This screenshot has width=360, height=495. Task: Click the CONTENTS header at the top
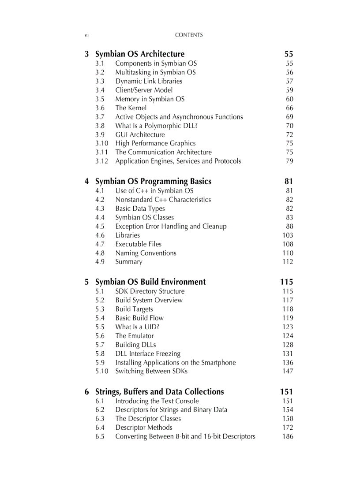tap(188, 35)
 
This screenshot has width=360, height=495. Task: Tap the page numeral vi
tap(86, 35)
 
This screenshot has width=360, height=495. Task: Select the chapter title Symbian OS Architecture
tap(140, 54)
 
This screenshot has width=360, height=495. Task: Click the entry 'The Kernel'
tap(131, 108)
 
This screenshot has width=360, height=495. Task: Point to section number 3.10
tap(101, 143)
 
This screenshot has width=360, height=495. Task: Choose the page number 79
tap(289, 161)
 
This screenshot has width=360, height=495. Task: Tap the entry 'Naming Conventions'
tap(146, 253)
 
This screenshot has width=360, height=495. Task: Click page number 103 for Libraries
tap(288, 235)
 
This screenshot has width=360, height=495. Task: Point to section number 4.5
tap(100, 227)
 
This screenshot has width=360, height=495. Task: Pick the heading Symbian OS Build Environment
tap(150, 282)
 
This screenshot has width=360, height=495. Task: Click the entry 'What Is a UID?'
tap(137, 327)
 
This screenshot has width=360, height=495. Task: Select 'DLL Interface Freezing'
tap(148, 354)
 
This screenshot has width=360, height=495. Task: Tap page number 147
tap(288, 371)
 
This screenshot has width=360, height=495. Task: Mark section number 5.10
tap(101, 371)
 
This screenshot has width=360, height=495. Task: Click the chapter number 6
tap(87, 392)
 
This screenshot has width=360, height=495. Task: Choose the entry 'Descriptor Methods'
tap(144, 428)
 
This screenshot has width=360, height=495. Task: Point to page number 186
tap(288, 436)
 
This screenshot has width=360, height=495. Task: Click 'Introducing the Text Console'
tap(157, 401)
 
